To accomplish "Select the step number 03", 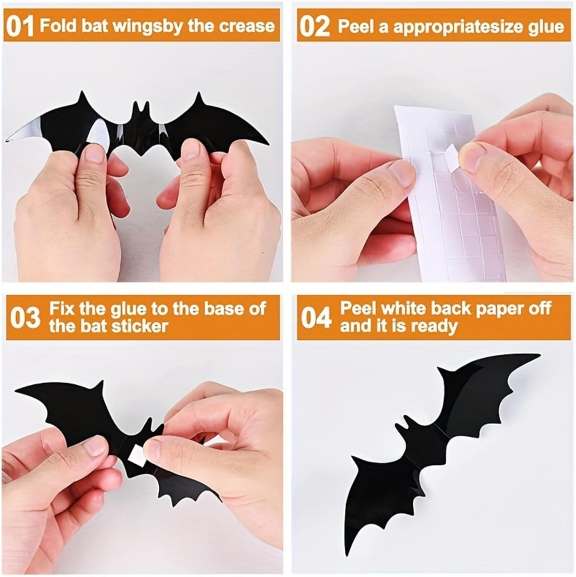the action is (x=25, y=318).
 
